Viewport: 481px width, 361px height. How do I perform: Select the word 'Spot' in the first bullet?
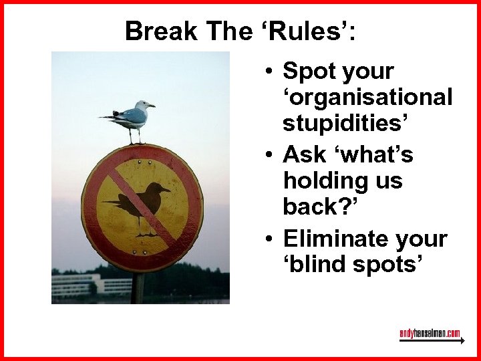[308, 71]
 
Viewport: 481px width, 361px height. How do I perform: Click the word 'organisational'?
[367, 98]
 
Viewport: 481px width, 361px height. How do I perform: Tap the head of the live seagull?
[142, 105]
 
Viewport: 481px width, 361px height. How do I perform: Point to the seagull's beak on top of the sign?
[152, 106]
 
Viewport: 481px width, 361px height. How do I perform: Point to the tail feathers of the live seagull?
[107, 117]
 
